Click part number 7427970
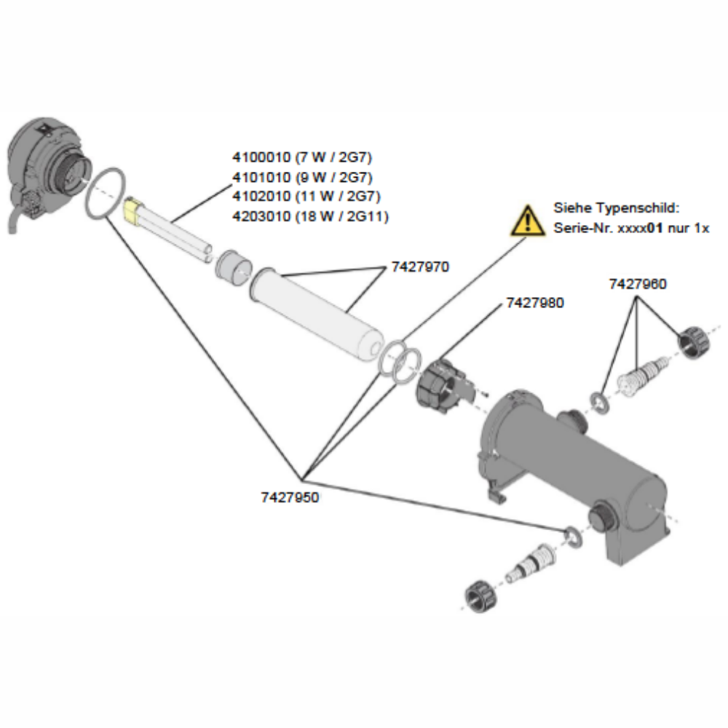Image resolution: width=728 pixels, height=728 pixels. [420, 267]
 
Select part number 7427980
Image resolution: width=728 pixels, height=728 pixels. [535, 302]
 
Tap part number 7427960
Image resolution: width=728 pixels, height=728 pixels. [637, 285]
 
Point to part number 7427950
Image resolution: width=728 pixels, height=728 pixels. [290, 498]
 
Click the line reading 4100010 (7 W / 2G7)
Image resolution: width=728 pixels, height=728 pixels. [302, 157]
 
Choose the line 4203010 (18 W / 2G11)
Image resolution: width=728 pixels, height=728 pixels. [310, 216]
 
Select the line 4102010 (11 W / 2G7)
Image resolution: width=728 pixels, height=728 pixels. [306, 197]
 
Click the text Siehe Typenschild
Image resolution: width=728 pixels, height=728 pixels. [616, 208]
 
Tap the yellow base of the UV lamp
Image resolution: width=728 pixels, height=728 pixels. [132, 210]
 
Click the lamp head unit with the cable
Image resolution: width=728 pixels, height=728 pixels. [44, 167]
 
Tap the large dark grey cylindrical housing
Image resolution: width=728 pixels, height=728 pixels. [575, 466]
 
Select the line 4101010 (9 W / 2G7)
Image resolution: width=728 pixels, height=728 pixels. [302, 177]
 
